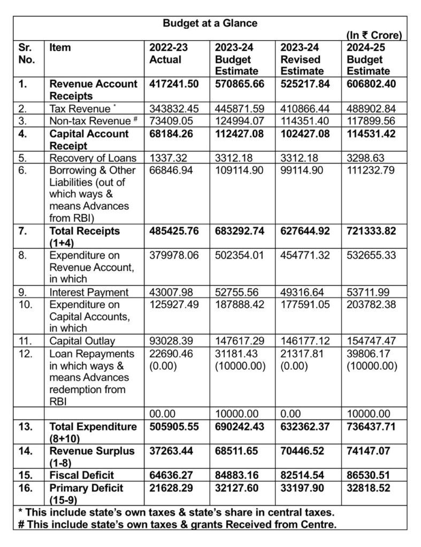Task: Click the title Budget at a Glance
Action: click(x=210, y=23)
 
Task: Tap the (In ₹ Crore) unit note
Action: click(x=373, y=35)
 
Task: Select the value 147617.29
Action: click(x=240, y=341)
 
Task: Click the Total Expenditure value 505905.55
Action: click(x=175, y=427)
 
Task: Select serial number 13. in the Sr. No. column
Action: click(x=26, y=427)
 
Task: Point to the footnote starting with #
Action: click(x=177, y=524)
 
